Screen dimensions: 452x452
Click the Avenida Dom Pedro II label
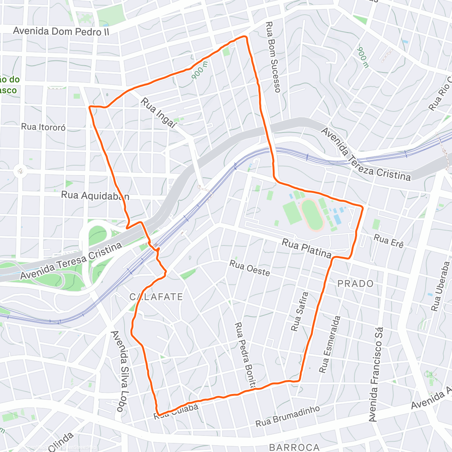[61, 31]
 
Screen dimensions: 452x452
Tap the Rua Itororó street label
[43, 127]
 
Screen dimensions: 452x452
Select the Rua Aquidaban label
[95, 196]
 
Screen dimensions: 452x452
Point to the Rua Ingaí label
[159, 113]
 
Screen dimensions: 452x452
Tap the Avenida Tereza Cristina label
[365, 154]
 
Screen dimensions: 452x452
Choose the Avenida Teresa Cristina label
[71, 261]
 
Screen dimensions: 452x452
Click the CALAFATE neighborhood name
[156, 297]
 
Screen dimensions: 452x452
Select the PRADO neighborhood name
[355, 283]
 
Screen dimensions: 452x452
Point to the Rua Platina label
[306, 249]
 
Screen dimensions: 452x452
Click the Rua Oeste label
[249, 268]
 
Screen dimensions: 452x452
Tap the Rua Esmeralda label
[330, 344]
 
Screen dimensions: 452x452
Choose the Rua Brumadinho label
[288, 416]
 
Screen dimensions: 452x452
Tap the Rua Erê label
[389, 241]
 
